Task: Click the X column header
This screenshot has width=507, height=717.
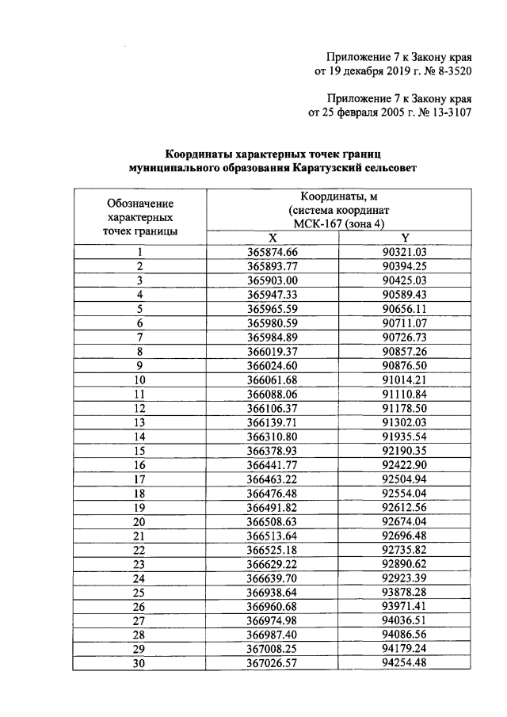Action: (272, 238)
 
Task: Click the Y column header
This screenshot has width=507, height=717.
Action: (405, 238)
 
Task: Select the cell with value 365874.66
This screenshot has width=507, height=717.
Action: (272, 252)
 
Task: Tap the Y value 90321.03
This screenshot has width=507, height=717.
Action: (405, 252)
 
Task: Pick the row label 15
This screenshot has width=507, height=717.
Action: (139, 450)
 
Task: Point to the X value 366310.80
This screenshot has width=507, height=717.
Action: (272, 436)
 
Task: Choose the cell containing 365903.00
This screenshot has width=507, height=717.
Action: (272, 280)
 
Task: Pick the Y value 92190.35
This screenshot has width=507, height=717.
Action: (405, 450)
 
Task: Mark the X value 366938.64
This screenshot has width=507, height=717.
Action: (272, 592)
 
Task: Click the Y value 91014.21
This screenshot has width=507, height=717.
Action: (405, 379)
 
